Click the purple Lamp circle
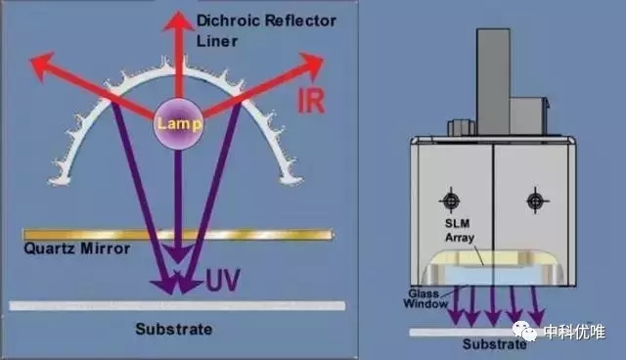[178, 123]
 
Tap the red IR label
[311, 100]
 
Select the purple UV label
[223, 280]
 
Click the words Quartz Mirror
[77, 248]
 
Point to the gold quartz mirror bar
[178, 234]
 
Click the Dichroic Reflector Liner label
[266, 30]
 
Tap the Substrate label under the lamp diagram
[174, 330]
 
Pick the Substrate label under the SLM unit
[494, 344]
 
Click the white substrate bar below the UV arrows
[177, 306]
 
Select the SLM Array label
[460, 230]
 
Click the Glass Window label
[425, 298]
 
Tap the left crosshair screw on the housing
[451, 201]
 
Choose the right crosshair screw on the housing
[535, 201]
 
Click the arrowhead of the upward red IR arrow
[178, 22]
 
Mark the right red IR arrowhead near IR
[311, 63]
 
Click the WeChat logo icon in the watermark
[524, 331]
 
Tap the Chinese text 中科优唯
[574, 332]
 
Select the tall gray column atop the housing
[493, 82]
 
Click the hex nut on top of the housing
[462, 128]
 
